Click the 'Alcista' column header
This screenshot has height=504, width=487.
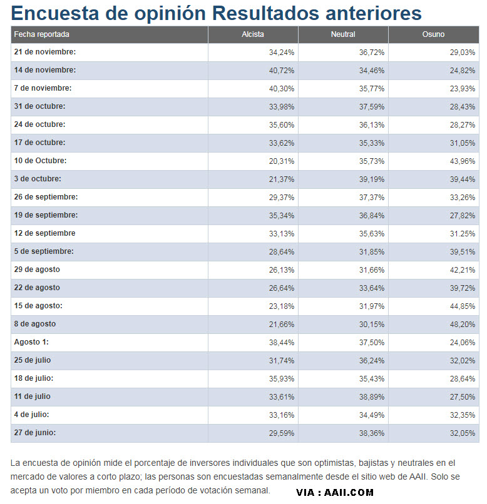(x=253, y=34)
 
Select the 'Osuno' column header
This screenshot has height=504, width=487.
(x=433, y=34)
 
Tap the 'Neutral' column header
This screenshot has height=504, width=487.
(x=343, y=34)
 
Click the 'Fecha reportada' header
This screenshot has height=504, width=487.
(x=41, y=34)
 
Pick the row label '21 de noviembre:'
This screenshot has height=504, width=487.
(x=44, y=52)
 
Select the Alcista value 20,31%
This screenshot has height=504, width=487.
(x=282, y=161)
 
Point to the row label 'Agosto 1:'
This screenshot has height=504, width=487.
(x=31, y=342)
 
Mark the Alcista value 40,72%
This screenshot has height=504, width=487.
(x=282, y=70)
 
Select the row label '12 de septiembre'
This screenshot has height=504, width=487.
(x=44, y=233)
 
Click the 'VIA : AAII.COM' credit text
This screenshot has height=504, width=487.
(x=335, y=492)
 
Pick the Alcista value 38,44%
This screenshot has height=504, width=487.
(x=282, y=343)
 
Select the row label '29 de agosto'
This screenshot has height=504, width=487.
(x=37, y=270)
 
